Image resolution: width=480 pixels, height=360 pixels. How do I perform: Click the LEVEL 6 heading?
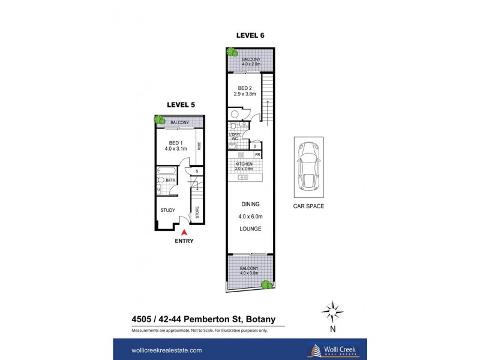250,35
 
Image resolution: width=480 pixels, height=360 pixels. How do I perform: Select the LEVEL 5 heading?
181,104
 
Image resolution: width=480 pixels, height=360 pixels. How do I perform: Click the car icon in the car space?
308,166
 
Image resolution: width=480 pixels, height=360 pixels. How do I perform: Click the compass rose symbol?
332,311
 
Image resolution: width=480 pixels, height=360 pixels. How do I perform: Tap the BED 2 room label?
245,87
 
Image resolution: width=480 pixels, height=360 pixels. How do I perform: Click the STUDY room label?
169,211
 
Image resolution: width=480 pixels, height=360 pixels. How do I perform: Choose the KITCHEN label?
244,164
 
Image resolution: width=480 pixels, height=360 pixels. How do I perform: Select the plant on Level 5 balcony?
160,120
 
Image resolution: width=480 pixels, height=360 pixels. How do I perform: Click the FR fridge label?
257,155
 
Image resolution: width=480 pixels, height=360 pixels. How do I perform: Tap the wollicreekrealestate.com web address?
166,350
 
